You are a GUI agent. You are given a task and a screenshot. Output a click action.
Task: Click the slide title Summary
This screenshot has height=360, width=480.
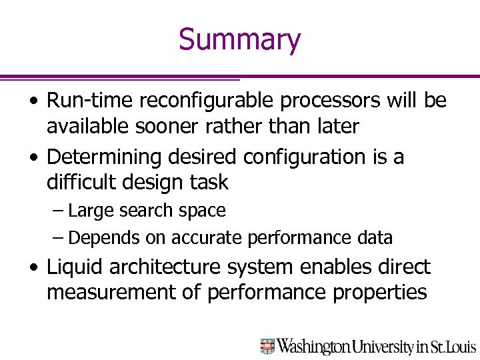239,39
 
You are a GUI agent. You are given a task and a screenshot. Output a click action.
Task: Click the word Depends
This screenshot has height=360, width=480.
101,237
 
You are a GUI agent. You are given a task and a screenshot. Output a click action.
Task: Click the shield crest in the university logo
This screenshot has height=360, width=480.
267,346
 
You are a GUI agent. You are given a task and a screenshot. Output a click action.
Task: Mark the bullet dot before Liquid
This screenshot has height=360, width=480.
33,268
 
